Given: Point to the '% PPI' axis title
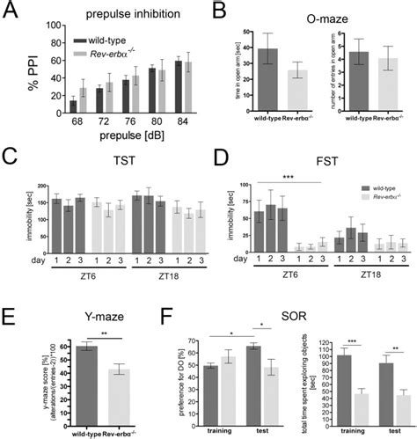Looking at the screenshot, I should click(13, 74).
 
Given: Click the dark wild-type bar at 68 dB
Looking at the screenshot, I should click(73, 106).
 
